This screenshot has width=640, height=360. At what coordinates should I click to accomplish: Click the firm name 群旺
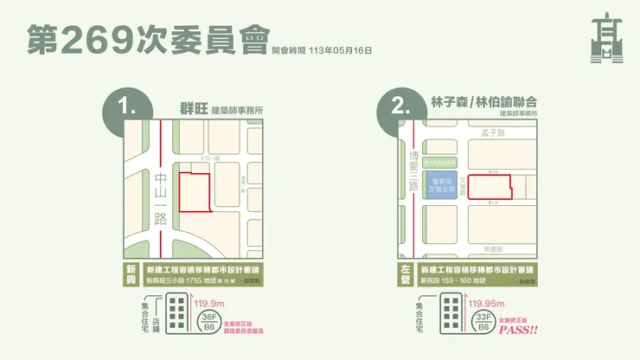coord(195,108)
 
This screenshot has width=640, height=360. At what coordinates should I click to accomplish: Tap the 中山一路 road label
coord(159,199)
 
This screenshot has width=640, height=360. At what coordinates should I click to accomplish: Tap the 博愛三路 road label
coord(413,173)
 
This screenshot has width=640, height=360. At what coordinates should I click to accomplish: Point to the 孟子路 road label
coord(491,132)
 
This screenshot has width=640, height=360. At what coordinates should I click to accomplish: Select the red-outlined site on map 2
coord(489,186)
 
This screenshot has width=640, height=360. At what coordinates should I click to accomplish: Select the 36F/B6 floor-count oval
coord(208,323)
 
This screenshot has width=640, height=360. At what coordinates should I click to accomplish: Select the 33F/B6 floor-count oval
coord(482,323)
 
